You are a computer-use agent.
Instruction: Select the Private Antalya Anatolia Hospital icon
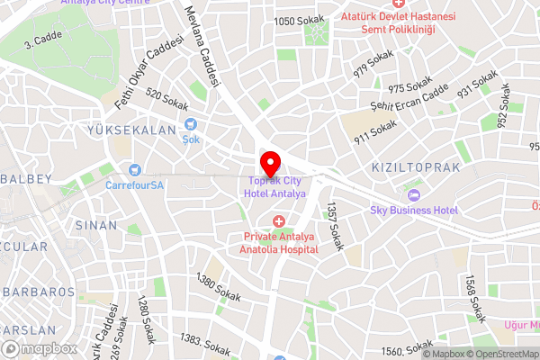click(278, 221)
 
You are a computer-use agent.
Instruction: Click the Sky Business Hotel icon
click(414, 194)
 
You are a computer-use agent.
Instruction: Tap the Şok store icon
click(190, 125)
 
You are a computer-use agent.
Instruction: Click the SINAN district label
click(96, 224)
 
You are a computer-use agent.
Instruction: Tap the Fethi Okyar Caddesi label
click(149, 73)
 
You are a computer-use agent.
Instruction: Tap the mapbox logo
click(39, 348)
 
